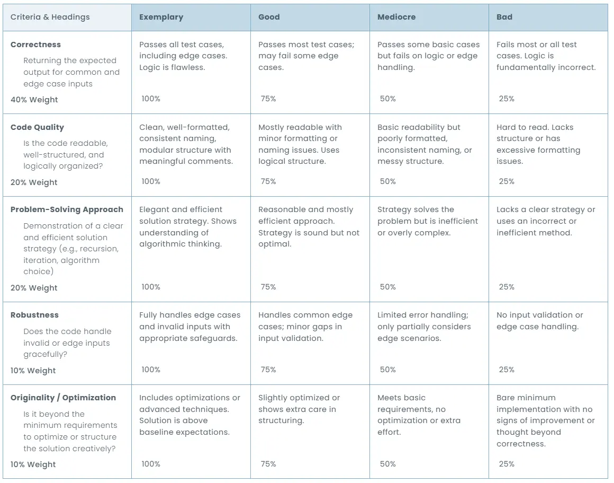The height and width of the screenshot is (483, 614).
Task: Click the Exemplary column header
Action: tap(161, 17)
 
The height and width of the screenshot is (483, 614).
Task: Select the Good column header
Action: tap(269, 17)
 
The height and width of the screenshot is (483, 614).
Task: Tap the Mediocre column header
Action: tap(396, 17)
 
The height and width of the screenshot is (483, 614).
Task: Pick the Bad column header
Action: tap(504, 17)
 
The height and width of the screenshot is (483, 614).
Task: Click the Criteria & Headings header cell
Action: tap(50, 17)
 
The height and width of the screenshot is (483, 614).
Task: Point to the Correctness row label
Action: tap(35, 45)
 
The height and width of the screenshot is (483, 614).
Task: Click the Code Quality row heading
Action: tap(37, 127)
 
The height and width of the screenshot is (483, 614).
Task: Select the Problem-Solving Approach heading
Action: tap(67, 209)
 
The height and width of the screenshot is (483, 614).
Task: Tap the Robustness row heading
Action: tap(34, 315)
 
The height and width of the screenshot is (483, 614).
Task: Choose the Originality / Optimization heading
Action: tap(63, 398)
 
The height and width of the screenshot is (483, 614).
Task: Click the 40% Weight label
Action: tap(34, 100)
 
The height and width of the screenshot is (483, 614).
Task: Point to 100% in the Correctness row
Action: tap(151, 99)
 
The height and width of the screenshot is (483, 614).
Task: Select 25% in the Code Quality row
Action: tap(507, 181)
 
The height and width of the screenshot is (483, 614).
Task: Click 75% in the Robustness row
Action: tap(268, 370)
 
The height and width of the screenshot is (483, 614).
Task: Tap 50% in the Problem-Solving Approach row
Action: tap(387, 287)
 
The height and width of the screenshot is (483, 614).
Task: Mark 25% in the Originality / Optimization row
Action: tap(507, 464)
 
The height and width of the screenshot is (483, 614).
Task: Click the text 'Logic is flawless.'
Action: tap(172, 67)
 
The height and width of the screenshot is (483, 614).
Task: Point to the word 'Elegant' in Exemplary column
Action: tap(155, 209)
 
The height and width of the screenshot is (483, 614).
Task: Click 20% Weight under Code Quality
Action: tap(34, 182)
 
